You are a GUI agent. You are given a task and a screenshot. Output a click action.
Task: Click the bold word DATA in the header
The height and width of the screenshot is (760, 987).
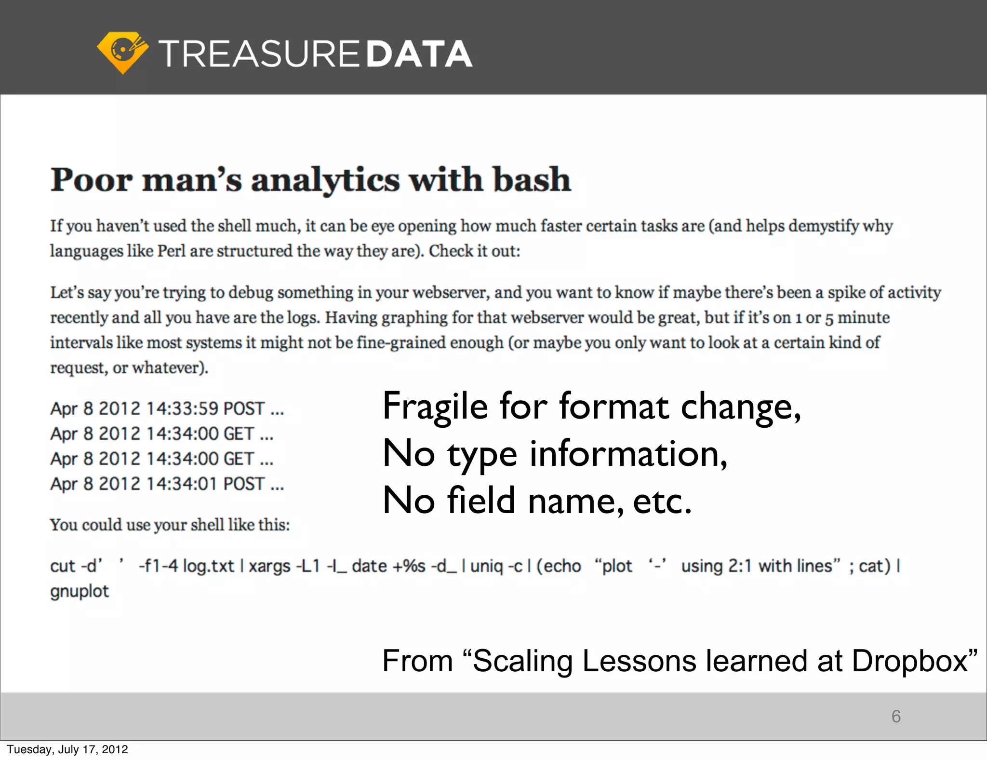click(x=419, y=54)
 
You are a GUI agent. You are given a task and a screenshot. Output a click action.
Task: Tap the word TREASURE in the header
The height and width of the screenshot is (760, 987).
click(x=259, y=54)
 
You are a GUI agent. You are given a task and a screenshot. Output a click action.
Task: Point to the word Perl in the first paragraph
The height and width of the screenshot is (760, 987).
click(x=171, y=251)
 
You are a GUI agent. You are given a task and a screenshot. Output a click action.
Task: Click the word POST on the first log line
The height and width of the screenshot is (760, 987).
click(x=244, y=408)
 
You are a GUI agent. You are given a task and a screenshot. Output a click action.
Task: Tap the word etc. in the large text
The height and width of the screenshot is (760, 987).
click(x=662, y=501)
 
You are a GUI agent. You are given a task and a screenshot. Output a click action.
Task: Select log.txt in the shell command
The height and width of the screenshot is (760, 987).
click(x=208, y=566)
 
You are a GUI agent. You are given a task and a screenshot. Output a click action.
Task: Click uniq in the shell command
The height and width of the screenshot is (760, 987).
click(x=486, y=566)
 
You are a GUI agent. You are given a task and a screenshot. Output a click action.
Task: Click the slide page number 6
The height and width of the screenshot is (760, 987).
click(x=896, y=717)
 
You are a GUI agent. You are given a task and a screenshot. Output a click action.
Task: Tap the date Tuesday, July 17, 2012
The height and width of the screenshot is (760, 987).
click(x=67, y=749)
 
